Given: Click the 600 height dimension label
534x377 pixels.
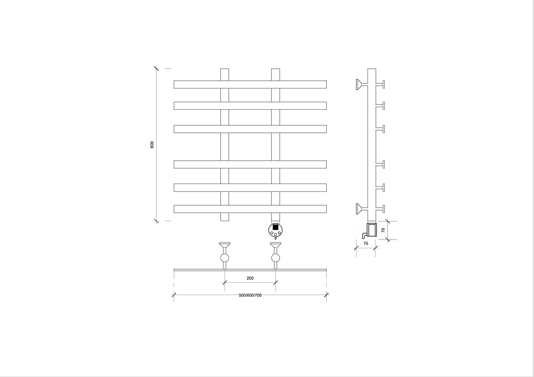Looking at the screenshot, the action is pyautogui.click(x=152, y=145).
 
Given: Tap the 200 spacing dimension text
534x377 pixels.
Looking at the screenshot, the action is pyautogui.click(x=250, y=278).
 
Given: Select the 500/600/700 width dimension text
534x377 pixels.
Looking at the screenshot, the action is pyautogui.click(x=250, y=295).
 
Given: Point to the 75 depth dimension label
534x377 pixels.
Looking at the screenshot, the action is pyautogui.click(x=366, y=243).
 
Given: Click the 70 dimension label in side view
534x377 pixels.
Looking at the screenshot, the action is pyautogui.click(x=383, y=230).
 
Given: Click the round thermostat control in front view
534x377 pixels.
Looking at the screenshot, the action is pyautogui.click(x=275, y=231).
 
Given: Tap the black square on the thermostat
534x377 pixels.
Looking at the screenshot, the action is pyautogui.click(x=275, y=227).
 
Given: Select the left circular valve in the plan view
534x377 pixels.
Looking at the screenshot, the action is pyautogui.click(x=225, y=258).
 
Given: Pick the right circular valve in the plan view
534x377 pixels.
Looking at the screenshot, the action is pyautogui.click(x=275, y=258).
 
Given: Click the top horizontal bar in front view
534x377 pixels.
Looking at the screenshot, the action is pyautogui.click(x=250, y=84).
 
